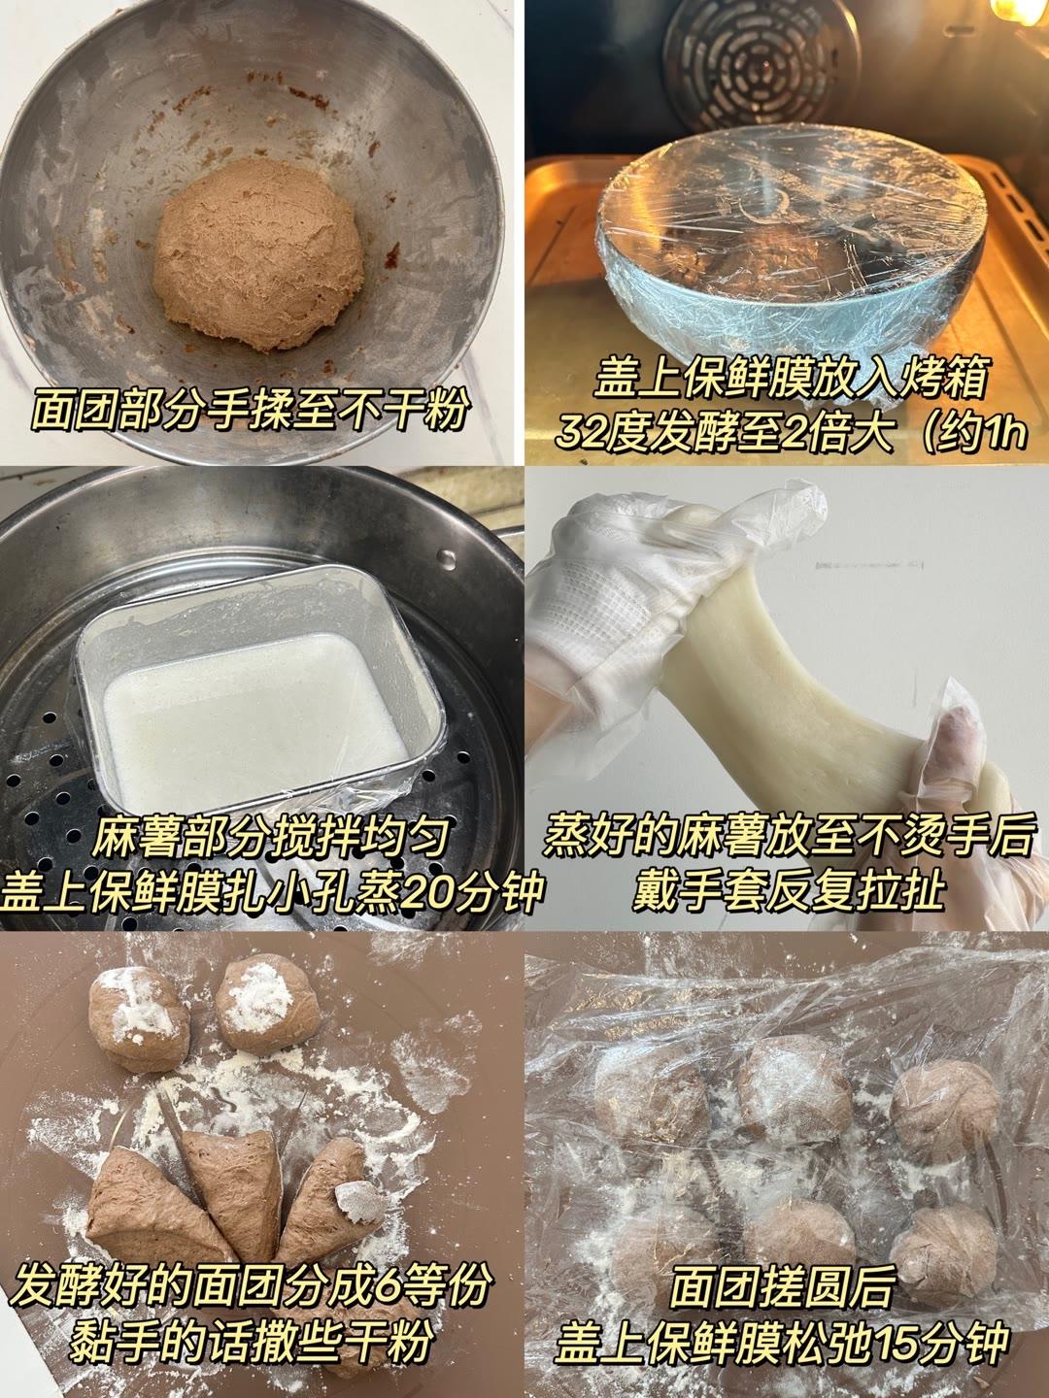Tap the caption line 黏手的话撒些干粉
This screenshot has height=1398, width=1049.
tap(251, 1345)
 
